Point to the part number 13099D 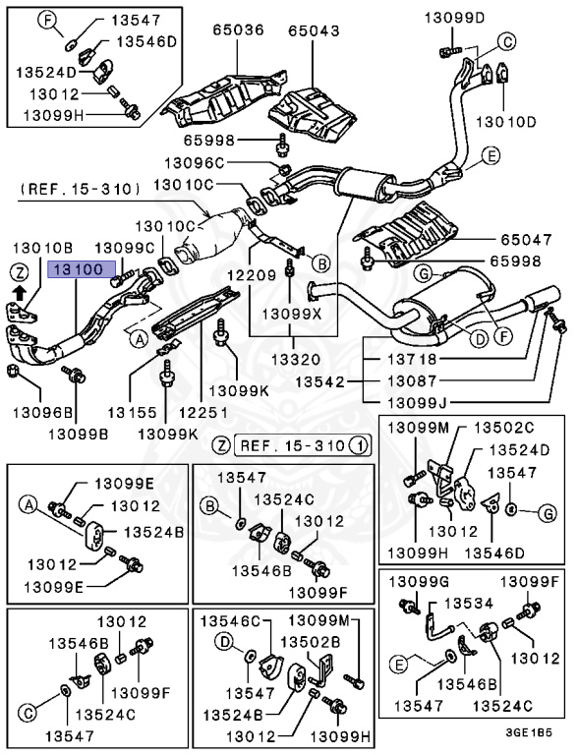[455, 17]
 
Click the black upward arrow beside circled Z [19, 291]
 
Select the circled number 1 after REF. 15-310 [361, 445]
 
